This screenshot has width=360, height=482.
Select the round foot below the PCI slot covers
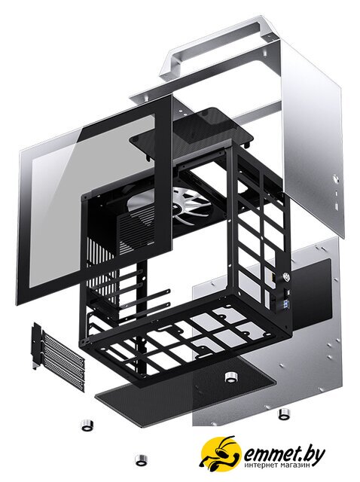(x=87, y=425)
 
